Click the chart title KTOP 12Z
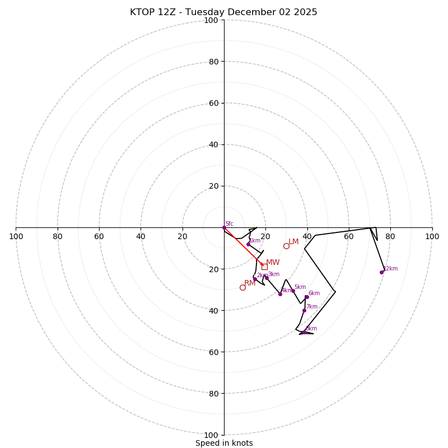(x=223, y=12)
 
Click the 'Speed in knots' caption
(x=224, y=443)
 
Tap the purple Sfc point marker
(x=224, y=227)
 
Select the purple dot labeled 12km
(x=382, y=272)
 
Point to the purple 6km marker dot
(x=307, y=297)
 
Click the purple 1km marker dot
(x=249, y=244)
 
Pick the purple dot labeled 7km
(x=305, y=310)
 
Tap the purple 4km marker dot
(x=281, y=294)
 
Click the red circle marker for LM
(x=286, y=246)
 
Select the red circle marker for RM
(x=242, y=287)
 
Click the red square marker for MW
(x=264, y=267)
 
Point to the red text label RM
(x=250, y=283)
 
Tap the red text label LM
(x=293, y=242)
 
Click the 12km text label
(x=390, y=269)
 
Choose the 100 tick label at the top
(x=211, y=20)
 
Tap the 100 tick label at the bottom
(x=211, y=435)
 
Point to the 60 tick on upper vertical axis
(x=213, y=103)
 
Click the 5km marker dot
(x=293, y=291)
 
